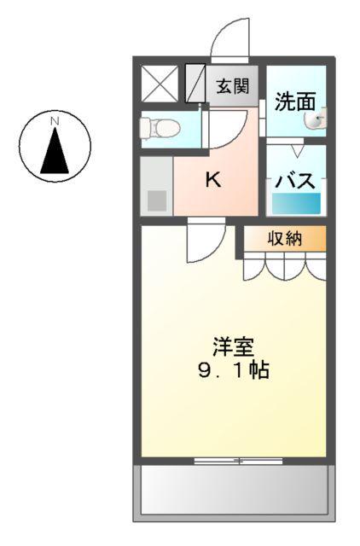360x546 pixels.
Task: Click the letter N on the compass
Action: coord(55,122)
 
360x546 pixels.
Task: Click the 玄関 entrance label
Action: coord(231,85)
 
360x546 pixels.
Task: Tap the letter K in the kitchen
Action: coord(213,180)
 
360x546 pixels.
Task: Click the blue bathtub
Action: coord(296,203)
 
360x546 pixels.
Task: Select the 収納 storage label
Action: coord(285,238)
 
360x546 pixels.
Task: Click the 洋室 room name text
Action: coord(233,348)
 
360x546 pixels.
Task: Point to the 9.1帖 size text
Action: coord(233,372)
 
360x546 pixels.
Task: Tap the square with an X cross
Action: coord(160,84)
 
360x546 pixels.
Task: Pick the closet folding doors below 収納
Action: coord(284,267)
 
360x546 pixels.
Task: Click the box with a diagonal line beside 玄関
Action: coord(195,84)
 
